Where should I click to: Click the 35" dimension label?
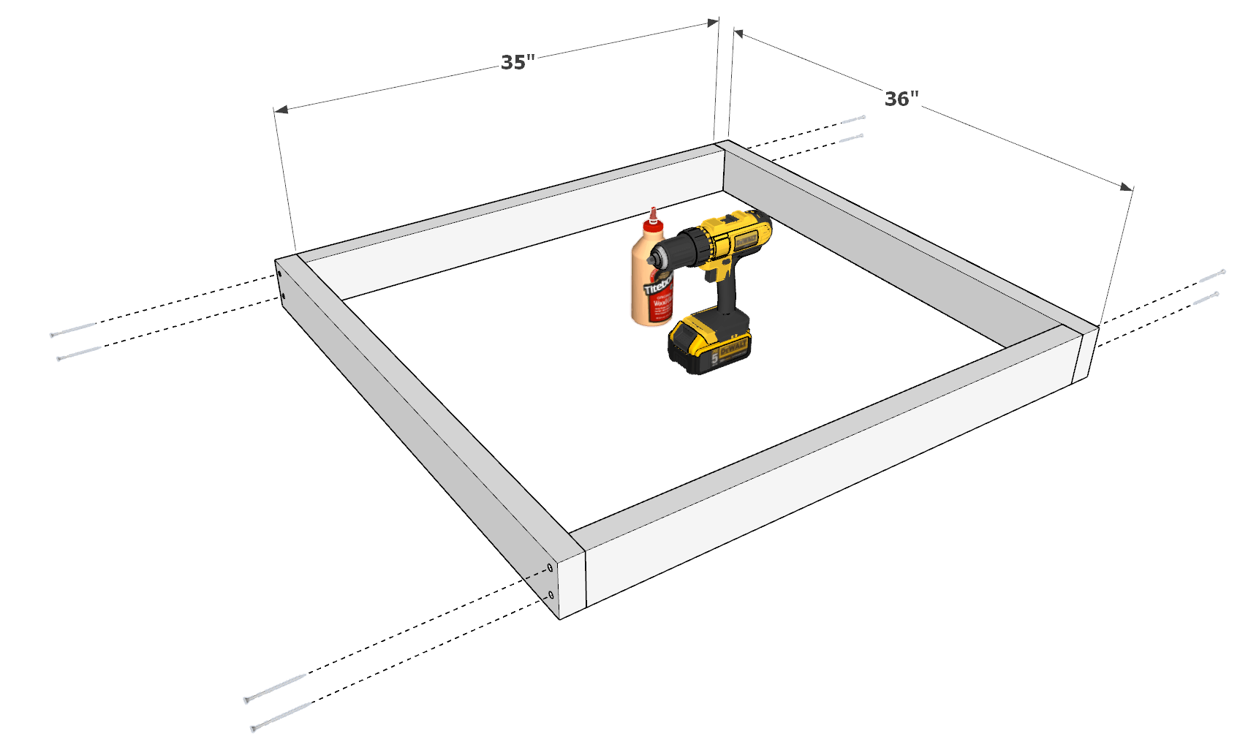point(518,63)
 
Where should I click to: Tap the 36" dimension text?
point(901,99)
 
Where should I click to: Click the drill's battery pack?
point(710,342)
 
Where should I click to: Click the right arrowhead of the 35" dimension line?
point(712,23)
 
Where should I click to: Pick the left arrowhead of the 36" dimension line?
point(738,34)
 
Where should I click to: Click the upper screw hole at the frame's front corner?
point(550,568)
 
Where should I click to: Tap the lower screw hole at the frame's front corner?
point(551,596)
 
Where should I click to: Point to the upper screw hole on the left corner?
point(279,274)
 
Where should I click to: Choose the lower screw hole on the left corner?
point(283,297)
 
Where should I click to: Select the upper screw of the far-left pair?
point(72,330)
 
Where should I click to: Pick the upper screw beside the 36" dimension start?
point(852,119)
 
